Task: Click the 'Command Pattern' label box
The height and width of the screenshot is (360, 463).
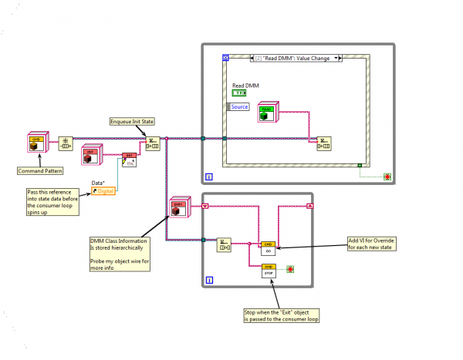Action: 39,170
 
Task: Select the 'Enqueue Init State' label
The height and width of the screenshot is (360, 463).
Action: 133,121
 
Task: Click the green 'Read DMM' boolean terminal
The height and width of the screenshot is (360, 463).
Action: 243,93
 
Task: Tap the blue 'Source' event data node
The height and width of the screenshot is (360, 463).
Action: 238,106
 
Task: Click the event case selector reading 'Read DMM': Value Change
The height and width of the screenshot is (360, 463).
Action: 297,57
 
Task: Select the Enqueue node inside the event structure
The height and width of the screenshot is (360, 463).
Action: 324,143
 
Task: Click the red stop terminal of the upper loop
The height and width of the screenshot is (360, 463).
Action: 387,177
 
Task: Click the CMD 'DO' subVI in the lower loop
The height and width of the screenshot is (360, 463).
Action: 268,247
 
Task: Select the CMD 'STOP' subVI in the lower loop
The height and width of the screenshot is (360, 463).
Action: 268,270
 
